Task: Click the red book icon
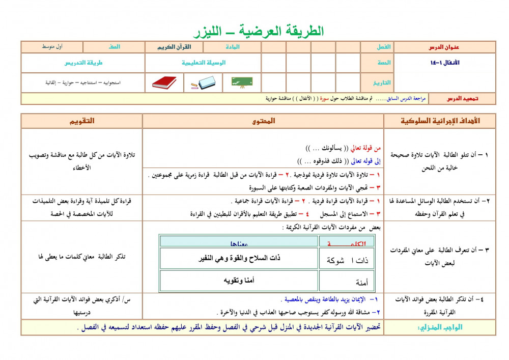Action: (164, 82)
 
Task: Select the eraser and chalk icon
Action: (204, 82)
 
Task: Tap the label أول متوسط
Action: (52, 47)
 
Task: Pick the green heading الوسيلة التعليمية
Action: (204, 63)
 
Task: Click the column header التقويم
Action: (81, 121)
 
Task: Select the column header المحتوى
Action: (263, 121)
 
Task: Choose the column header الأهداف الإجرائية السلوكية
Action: (440, 121)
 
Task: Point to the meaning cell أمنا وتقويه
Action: (239, 281)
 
